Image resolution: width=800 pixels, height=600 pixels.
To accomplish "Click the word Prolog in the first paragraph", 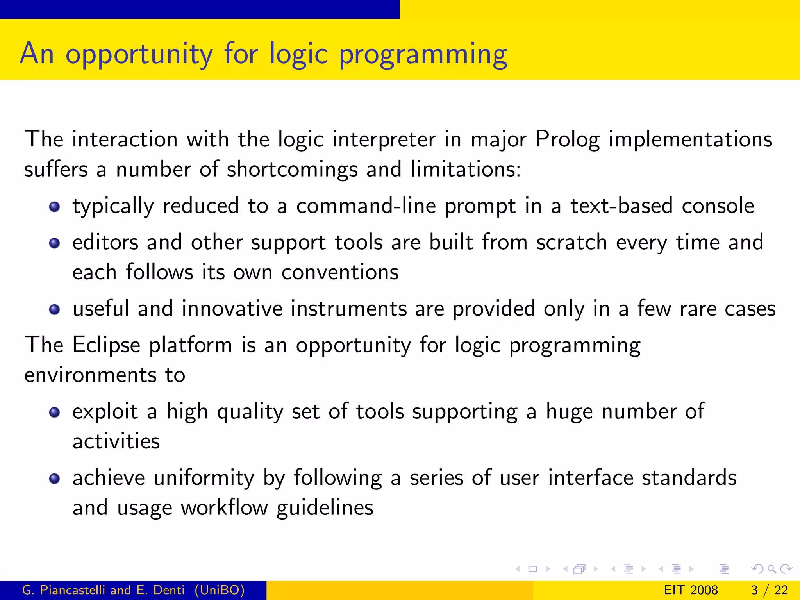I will pyautogui.click(x=567, y=139).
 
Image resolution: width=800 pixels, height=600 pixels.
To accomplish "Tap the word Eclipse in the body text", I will pyautogui.click(x=106, y=345).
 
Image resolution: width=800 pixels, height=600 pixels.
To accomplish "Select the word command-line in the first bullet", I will pyautogui.click(x=366, y=206).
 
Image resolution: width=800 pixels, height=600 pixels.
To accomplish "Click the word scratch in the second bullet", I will pyautogui.click(x=571, y=242).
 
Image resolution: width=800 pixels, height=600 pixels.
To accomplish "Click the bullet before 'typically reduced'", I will pyautogui.click(x=54, y=207).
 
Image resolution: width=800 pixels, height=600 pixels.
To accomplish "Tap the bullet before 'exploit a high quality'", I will pyautogui.click(x=54, y=412).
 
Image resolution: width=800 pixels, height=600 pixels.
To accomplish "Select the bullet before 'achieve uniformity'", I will pyautogui.click(x=54, y=479).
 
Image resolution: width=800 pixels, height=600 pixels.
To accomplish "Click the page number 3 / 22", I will pyautogui.click(x=769, y=590).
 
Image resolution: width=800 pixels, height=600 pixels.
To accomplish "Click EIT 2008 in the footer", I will pyautogui.click(x=691, y=590).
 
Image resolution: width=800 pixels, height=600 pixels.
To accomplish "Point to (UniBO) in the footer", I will pyautogui.click(x=220, y=590).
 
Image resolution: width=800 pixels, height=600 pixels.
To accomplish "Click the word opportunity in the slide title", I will pyautogui.click(x=139, y=54).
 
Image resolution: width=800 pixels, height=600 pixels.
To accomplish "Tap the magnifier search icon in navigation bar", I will pyautogui.click(x=771, y=569).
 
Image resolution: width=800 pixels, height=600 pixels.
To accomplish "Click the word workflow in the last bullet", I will pyautogui.click(x=224, y=508).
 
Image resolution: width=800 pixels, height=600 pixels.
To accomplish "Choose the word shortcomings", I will pyautogui.click(x=292, y=170).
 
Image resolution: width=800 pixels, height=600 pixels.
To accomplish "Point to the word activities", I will pyautogui.click(x=116, y=441).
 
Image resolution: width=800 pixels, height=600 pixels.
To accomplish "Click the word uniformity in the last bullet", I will pyautogui.click(x=204, y=478).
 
